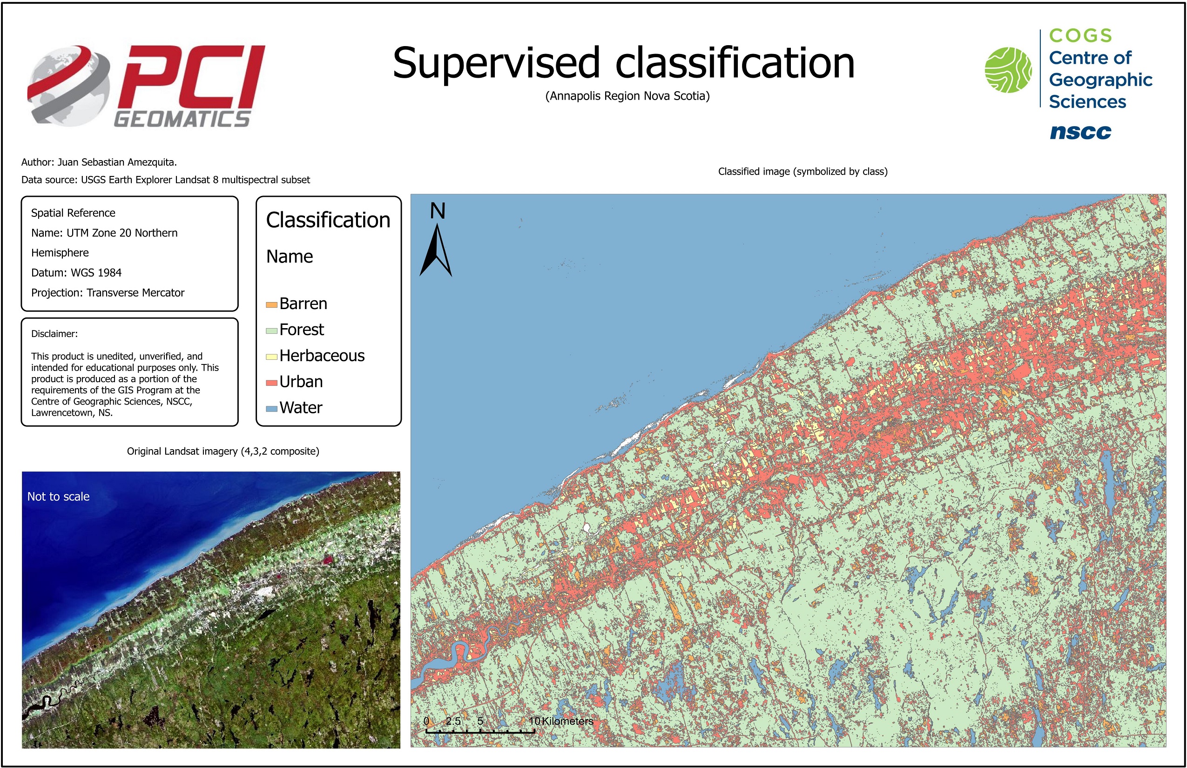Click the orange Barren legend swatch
coord(271,305)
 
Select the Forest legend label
coord(302,330)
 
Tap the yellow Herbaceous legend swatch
coord(271,357)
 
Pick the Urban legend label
coord(301,382)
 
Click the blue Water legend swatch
coord(271,409)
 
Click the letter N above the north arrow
coord(438,210)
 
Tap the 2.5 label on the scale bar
coord(453,721)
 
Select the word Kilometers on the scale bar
coord(567,721)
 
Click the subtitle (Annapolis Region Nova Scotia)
coord(627,96)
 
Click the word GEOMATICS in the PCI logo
coord(182,119)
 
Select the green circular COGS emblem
coord(1008,70)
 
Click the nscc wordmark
coord(1081,132)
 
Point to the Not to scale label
coord(58,496)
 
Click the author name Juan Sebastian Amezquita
coord(117,162)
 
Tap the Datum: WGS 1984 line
coord(76,272)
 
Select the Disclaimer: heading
coord(54,334)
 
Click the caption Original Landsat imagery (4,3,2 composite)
coord(223,451)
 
